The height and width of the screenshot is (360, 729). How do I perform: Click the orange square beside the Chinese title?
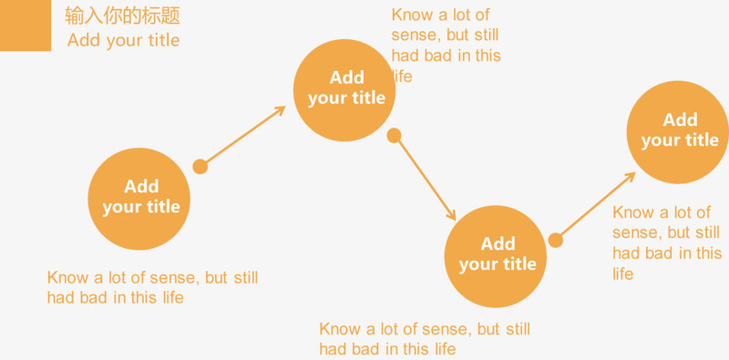point(26,26)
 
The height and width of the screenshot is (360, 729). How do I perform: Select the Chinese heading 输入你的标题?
point(122,16)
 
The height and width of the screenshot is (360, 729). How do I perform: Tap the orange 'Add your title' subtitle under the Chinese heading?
point(123,40)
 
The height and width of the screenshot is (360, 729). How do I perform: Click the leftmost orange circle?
point(139,199)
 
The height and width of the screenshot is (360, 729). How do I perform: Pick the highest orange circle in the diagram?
point(344,90)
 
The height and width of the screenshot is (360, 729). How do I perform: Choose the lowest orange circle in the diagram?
point(496,256)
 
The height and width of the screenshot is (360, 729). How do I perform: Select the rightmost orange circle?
point(678,132)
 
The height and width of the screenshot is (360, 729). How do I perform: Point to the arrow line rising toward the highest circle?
point(242,137)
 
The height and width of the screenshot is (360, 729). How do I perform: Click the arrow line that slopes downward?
point(425,178)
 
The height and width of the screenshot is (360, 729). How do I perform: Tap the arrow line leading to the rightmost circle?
point(595,207)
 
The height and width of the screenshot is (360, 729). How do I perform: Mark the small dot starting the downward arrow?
point(394,136)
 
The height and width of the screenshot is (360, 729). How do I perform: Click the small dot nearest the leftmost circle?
point(200,167)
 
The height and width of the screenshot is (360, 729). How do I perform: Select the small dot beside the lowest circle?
point(555,241)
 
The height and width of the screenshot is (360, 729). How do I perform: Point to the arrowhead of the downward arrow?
point(452,215)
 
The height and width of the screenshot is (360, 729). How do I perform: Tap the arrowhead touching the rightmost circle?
point(630,176)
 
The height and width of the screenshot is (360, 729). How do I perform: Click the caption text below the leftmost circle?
point(152,287)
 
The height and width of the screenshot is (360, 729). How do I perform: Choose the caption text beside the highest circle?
point(446,46)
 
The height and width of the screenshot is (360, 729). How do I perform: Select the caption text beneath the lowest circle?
point(425,339)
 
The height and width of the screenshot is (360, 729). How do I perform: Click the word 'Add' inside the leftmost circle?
point(141,186)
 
